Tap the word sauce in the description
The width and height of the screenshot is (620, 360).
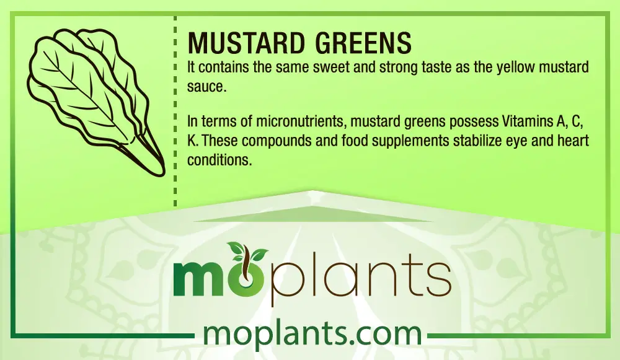(206, 87)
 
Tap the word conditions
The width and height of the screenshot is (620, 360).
(219, 160)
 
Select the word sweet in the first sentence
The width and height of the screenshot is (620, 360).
(331, 68)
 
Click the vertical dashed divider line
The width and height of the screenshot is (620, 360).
(175, 111)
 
